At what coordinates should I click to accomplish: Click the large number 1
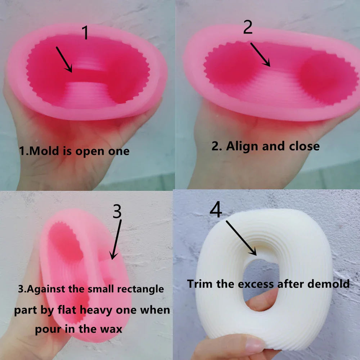(85, 32)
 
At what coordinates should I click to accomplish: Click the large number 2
(248, 27)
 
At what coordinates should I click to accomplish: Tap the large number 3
(117, 211)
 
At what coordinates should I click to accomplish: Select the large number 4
(216, 209)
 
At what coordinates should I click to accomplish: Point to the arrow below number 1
(64, 59)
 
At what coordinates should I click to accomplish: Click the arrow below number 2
(260, 54)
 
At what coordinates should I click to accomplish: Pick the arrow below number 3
(116, 239)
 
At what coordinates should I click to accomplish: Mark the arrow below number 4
(241, 238)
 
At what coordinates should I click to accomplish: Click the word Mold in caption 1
(44, 151)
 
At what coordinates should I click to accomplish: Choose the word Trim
(200, 284)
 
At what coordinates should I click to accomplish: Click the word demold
(329, 284)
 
